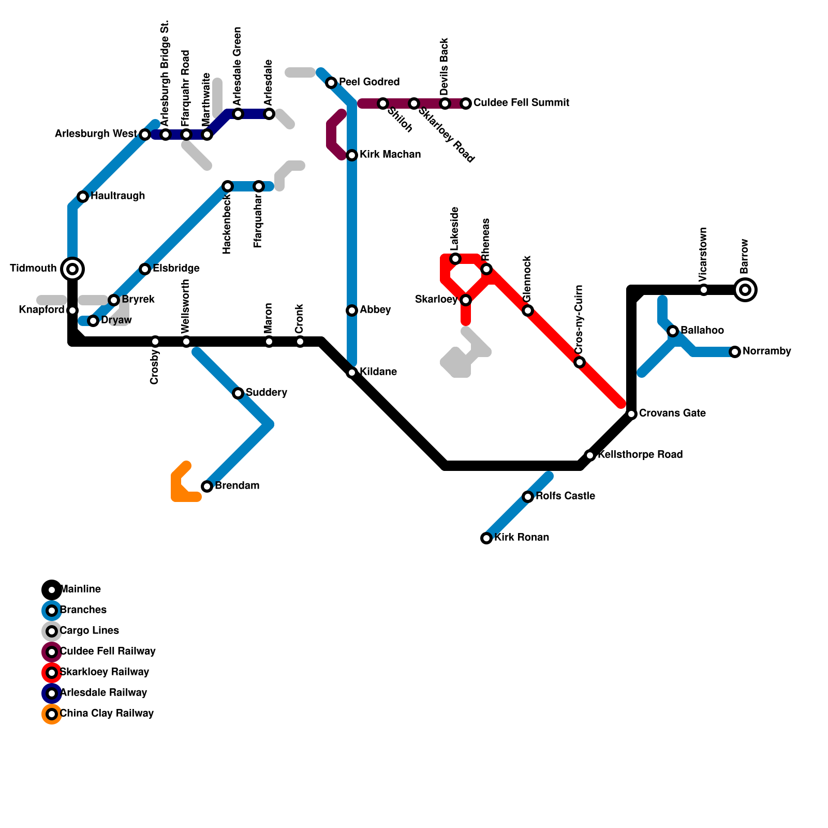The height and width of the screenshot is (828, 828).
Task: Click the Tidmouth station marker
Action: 72,269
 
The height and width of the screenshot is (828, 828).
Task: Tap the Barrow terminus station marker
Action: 745,290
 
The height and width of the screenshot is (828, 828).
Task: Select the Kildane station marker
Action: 352,373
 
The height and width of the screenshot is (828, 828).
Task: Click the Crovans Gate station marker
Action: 631,414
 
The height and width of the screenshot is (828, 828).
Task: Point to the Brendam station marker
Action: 207,486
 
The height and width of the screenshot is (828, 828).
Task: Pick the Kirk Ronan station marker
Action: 486,538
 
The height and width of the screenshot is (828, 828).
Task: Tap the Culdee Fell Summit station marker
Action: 466,103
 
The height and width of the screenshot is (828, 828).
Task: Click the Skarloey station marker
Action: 466,300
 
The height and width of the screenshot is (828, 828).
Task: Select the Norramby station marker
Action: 735,352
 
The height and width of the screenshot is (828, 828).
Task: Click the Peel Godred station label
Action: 369,82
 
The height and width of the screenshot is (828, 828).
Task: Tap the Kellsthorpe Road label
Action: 640,455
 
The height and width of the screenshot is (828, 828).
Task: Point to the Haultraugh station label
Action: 117,196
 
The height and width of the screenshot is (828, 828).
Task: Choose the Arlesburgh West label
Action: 96,134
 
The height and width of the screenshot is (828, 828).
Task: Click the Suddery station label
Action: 266,393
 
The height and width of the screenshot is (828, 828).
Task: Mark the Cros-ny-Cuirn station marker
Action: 580,362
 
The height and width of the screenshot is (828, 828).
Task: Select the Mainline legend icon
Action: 52,590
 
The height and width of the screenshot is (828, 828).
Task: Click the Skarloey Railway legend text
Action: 105,672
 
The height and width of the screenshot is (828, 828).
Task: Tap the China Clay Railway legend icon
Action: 52,714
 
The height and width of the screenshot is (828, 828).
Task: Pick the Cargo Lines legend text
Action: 90,631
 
